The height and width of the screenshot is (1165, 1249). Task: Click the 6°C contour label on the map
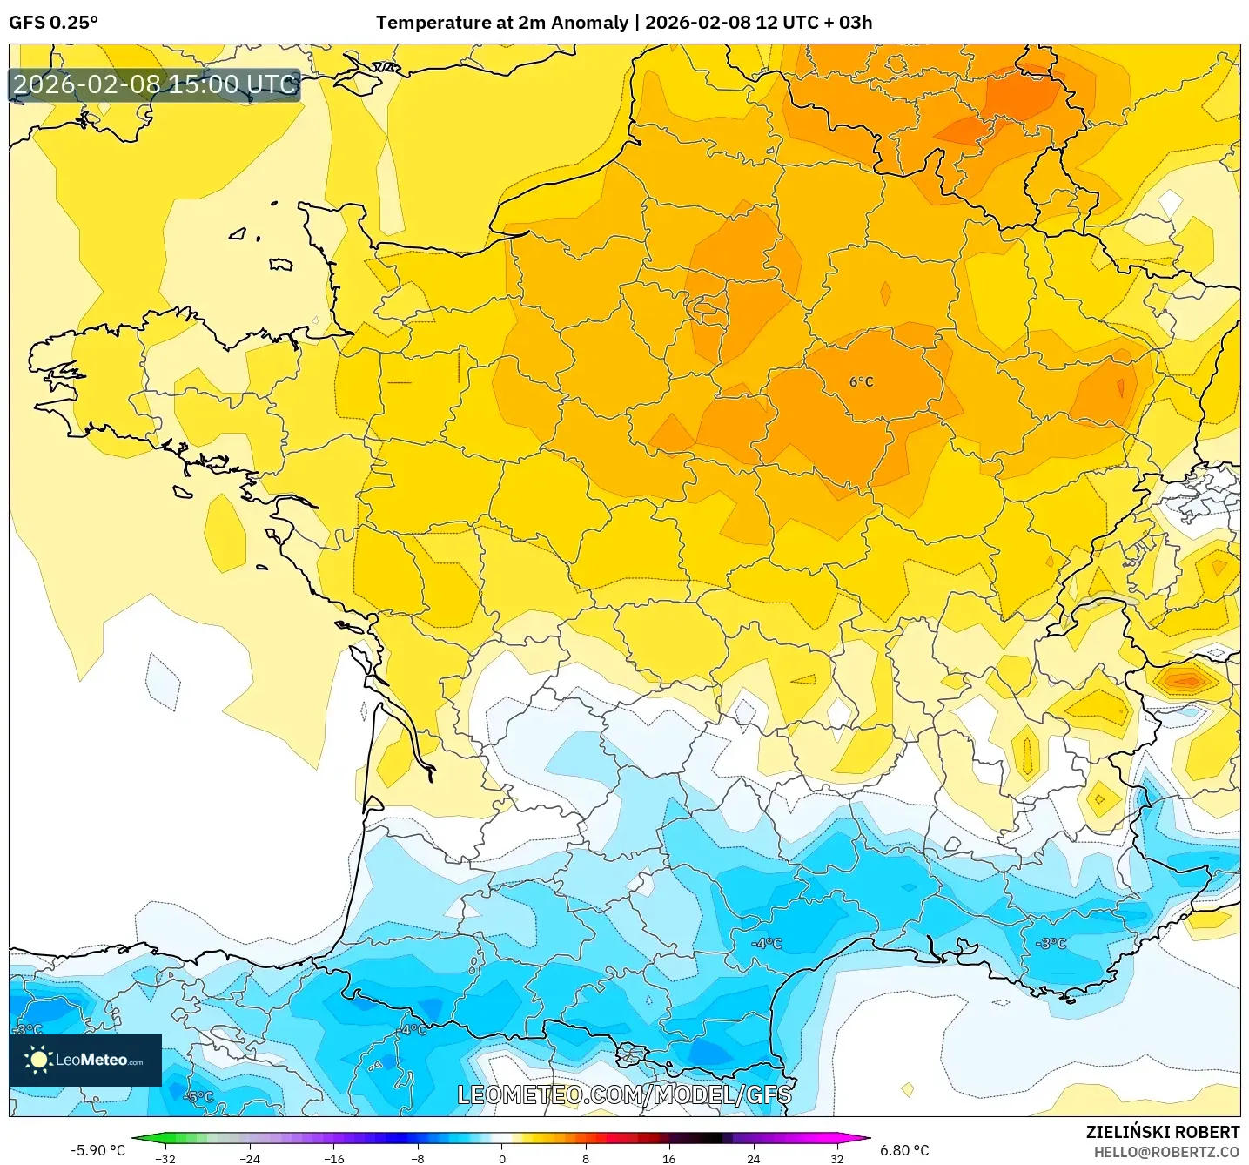[x=861, y=381]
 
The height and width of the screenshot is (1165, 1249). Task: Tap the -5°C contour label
[x=198, y=1096]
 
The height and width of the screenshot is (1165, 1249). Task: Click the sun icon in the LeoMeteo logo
[x=38, y=1060]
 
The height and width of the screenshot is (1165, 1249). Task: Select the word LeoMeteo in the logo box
[x=91, y=1060]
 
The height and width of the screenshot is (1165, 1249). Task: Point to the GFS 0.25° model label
[x=54, y=23]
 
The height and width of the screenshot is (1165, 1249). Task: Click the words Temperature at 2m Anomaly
[x=501, y=23]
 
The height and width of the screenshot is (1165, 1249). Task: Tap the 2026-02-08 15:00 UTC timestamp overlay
[x=155, y=84]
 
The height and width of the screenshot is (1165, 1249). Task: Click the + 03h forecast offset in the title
[x=846, y=23]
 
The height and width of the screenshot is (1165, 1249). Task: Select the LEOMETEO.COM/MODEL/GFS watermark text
[x=624, y=1094]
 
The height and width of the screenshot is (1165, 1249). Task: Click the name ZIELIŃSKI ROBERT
[x=1162, y=1132]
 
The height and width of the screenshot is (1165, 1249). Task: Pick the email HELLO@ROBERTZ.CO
[x=1166, y=1152]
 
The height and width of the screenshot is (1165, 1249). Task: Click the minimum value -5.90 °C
[x=97, y=1150]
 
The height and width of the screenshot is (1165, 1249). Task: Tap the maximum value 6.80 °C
[x=904, y=1150]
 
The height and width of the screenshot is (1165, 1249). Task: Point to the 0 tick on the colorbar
[x=501, y=1158]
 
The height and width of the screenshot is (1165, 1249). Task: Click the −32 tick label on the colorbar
[x=165, y=1158]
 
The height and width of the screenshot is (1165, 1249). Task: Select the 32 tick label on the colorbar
[x=836, y=1158]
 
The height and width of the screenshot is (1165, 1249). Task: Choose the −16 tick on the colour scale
[x=333, y=1158]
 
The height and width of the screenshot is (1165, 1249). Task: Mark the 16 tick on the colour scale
[x=668, y=1158]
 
